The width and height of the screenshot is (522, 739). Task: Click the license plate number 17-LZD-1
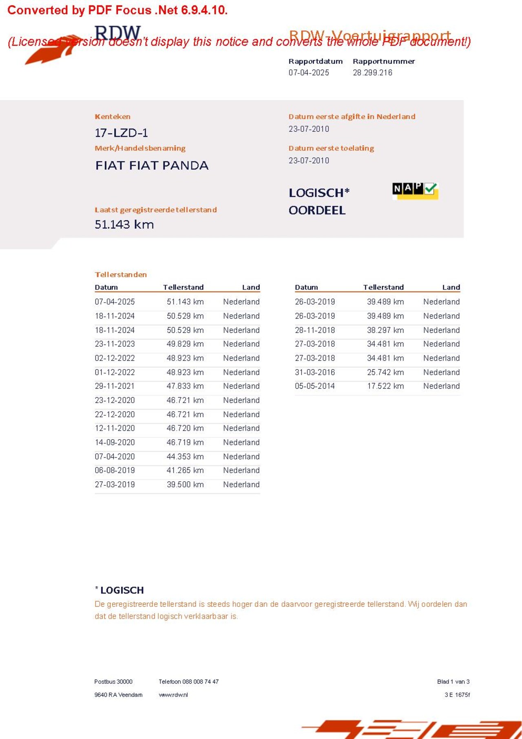[x=121, y=133]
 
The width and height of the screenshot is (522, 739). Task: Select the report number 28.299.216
[x=372, y=73]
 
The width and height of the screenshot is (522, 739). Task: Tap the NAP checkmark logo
[x=415, y=190]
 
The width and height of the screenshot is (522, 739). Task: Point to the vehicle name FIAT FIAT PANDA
[x=152, y=165]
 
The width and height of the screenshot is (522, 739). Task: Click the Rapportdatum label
[x=315, y=61]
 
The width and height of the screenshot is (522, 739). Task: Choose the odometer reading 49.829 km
[x=185, y=344]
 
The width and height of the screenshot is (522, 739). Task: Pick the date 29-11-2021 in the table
[x=115, y=386]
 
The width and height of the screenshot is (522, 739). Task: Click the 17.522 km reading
[x=385, y=386]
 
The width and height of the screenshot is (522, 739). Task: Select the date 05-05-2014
[x=315, y=386]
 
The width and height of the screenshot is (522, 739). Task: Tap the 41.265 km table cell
[x=185, y=470]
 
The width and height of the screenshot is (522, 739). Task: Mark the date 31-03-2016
[x=315, y=372]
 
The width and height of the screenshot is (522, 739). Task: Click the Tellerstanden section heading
[x=121, y=274]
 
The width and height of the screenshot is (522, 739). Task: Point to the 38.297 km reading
[x=385, y=330]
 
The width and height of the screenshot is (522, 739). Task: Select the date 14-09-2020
[x=115, y=443]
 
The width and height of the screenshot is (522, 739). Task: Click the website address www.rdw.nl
[x=173, y=695]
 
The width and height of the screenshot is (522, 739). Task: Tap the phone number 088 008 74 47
[x=200, y=681]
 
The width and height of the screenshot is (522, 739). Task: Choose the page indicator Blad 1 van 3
[x=453, y=681]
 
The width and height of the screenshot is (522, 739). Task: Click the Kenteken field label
[x=113, y=117]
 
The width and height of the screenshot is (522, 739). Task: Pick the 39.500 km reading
[x=185, y=485]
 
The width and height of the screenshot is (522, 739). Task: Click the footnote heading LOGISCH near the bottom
[x=122, y=590]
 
